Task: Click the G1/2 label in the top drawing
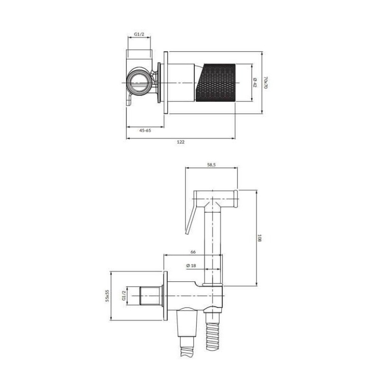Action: point(139,35)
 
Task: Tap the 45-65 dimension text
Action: point(145,131)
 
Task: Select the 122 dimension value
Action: point(180,142)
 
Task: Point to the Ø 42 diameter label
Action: point(255,82)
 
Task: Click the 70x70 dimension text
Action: point(266,82)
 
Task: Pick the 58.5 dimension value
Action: point(211,165)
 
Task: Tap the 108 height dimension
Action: point(260,238)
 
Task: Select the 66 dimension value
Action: point(193,252)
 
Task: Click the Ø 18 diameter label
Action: point(191,265)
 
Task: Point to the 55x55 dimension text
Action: point(108,296)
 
